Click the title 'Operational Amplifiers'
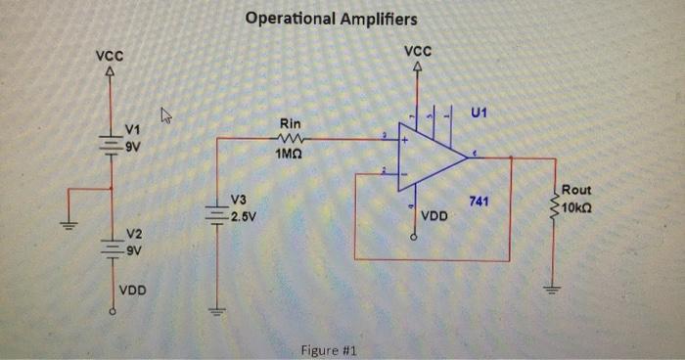331,19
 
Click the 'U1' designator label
479,114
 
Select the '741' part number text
479,201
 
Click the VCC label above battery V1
109,57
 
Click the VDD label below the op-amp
434,213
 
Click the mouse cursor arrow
165,116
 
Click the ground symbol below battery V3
212,311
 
